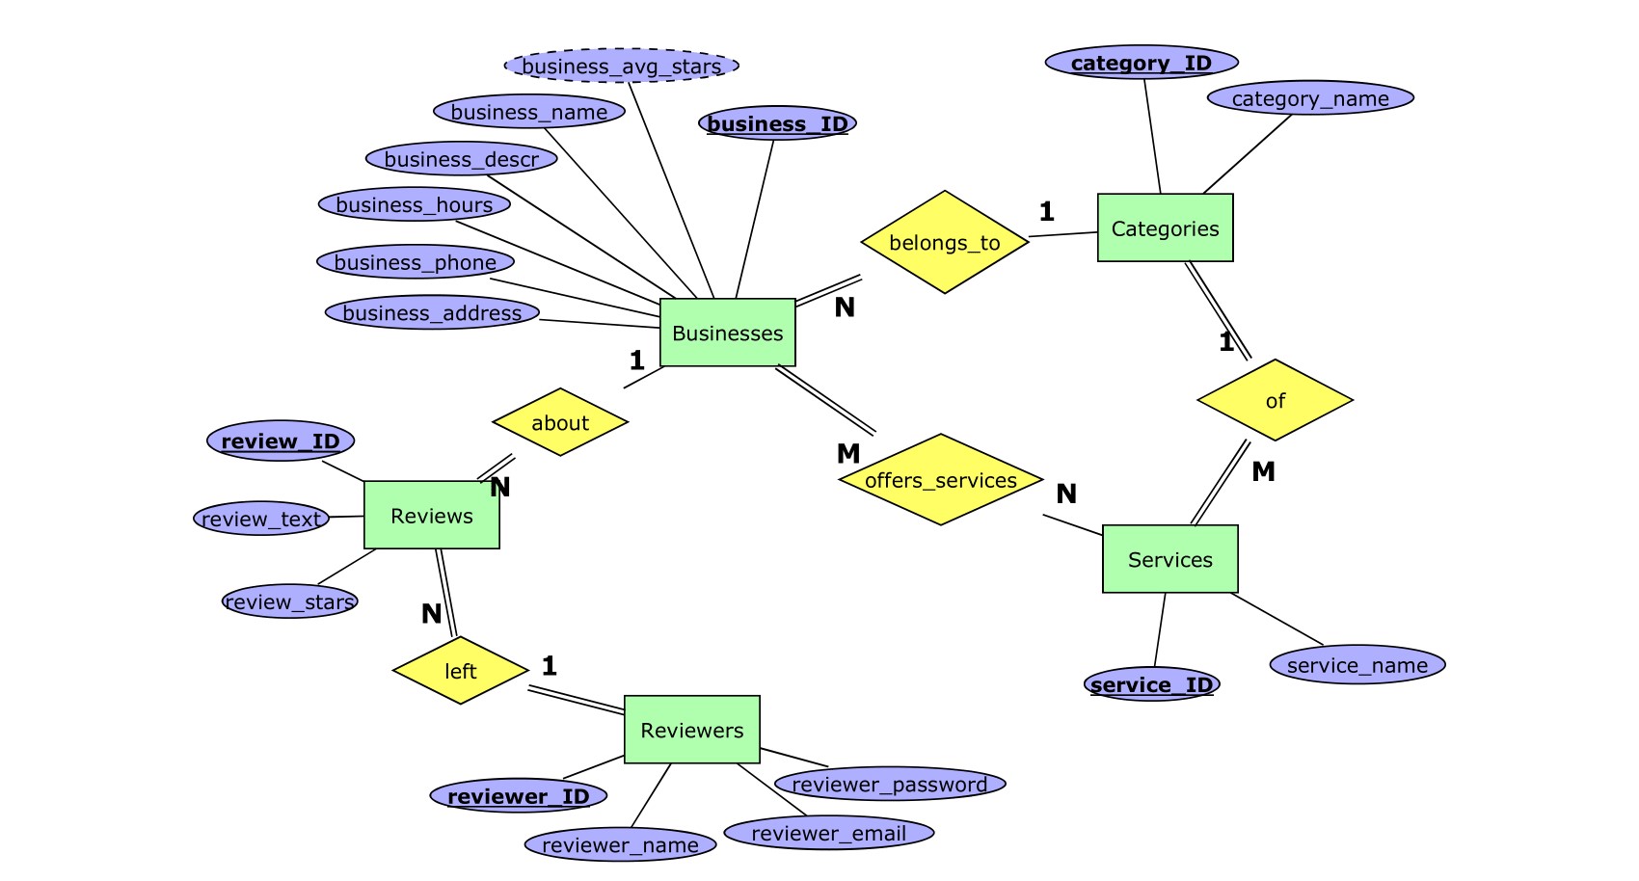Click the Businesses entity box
pyautogui.click(x=728, y=333)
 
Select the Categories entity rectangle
pyautogui.click(x=1165, y=228)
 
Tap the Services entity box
pyautogui.click(x=1169, y=559)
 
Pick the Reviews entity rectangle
pyautogui.click(x=432, y=516)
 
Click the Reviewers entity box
pyautogui.click(x=691, y=730)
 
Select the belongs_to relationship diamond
pyautogui.click(x=945, y=242)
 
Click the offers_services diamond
pyautogui.click(x=941, y=480)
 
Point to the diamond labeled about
pyautogui.click(x=560, y=422)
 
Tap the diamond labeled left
pyautogui.click(x=460, y=671)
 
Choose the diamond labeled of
pyautogui.click(x=1275, y=400)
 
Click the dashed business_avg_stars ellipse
pyautogui.click(x=621, y=66)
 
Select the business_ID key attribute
pyautogui.click(x=777, y=123)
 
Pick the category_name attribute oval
pyautogui.click(x=1310, y=98)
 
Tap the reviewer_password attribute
pyautogui.click(x=889, y=785)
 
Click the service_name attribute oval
pyautogui.click(x=1357, y=665)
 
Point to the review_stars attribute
pyautogui.click(x=289, y=601)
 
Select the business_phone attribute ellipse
pyautogui.click(x=416, y=262)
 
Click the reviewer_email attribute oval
pyautogui.click(x=828, y=833)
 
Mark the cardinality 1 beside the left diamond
pyautogui.click(x=550, y=665)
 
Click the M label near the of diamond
pyautogui.click(x=1263, y=471)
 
